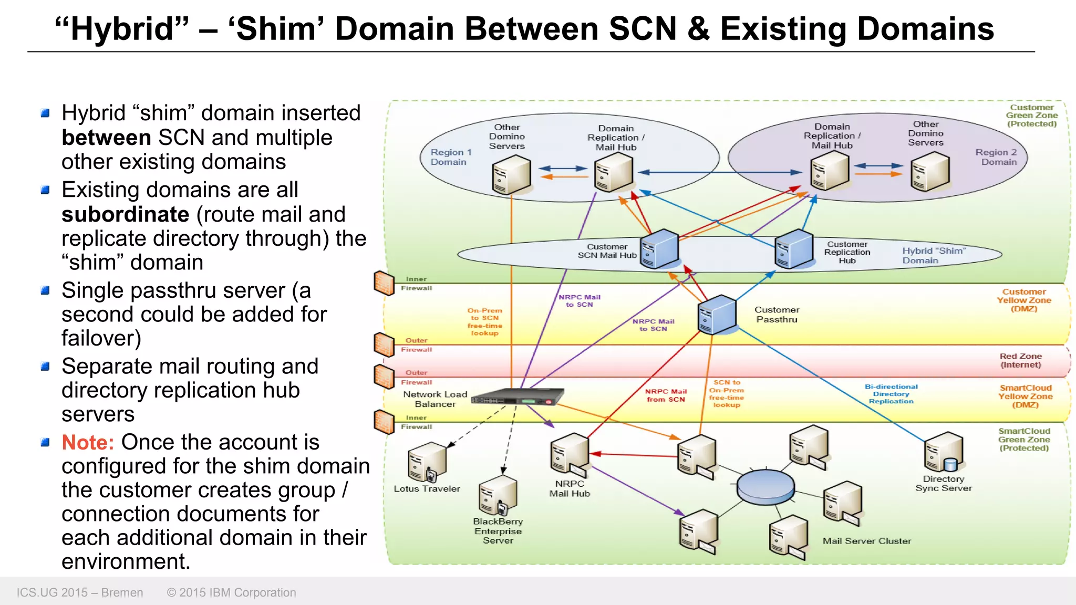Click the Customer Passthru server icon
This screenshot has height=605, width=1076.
click(x=717, y=315)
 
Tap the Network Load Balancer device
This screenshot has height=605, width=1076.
click(x=518, y=397)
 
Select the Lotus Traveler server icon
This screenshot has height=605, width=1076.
click(x=426, y=462)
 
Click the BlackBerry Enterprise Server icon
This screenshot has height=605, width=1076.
click(x=497, y=495)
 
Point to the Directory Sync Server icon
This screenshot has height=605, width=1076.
click(x=944, y=452)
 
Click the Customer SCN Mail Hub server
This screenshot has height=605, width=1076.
click(x=659, y=249)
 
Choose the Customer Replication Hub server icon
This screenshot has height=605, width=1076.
click(x=794, y=249)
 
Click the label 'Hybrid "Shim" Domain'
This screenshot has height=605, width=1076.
click(x=934, y=256)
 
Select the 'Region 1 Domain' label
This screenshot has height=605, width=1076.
click(x=451, y=157)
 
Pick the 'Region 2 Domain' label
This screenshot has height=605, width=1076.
click(x=997, y=157)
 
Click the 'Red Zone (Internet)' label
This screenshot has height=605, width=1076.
click(x=1020, y=360)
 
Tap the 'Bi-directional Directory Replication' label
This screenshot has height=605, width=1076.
click(x=891, y=394)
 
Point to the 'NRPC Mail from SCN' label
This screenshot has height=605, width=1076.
click(x=666, y=395)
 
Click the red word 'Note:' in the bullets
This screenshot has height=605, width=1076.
click(x=88, y=442)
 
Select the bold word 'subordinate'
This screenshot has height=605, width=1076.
click(x=125, y=214)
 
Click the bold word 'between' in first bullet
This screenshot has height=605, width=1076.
click(x=106, y=138)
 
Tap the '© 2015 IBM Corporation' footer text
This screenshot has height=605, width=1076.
click(x=232, y=592)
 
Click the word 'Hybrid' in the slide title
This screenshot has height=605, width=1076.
click(x=122, y=28)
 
